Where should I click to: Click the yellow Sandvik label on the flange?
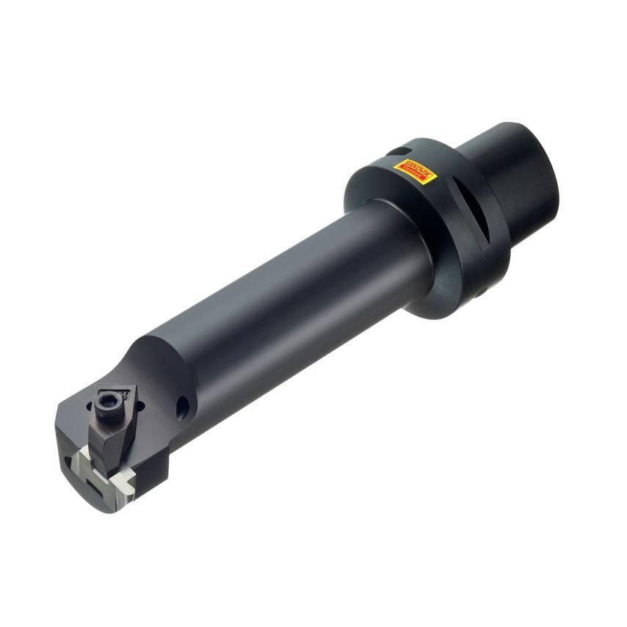click(416, 173)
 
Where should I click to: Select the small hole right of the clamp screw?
click(140, 404)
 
